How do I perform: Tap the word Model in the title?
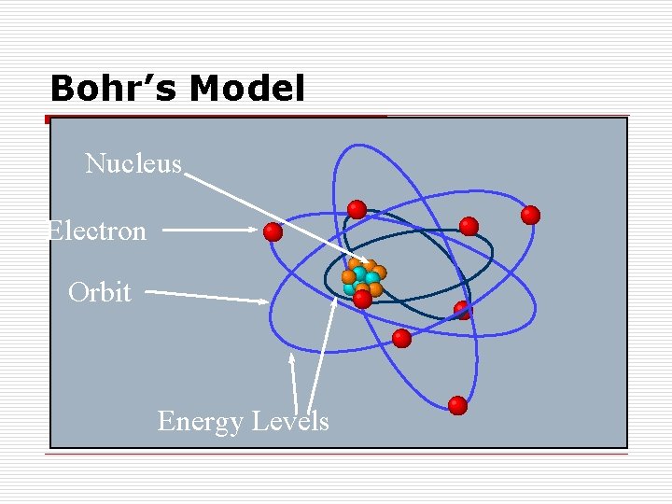tap(246, 90)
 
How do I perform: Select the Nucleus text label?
tap(133, 164)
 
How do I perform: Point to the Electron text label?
tap(97, 231)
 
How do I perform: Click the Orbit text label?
tap(100, 293)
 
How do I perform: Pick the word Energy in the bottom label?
tap(198, 422)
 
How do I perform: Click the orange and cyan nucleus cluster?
tap(362, 277)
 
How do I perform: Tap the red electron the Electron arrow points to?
tap(273, 231)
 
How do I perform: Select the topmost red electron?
tap(357, 209)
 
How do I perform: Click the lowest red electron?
tap(457, 405)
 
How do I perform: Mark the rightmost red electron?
tap(530, 216)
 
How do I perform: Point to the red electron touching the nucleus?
tap(362, 299)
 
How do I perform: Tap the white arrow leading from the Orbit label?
tap(205, 296)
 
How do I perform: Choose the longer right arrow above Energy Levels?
tap(322, 355)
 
